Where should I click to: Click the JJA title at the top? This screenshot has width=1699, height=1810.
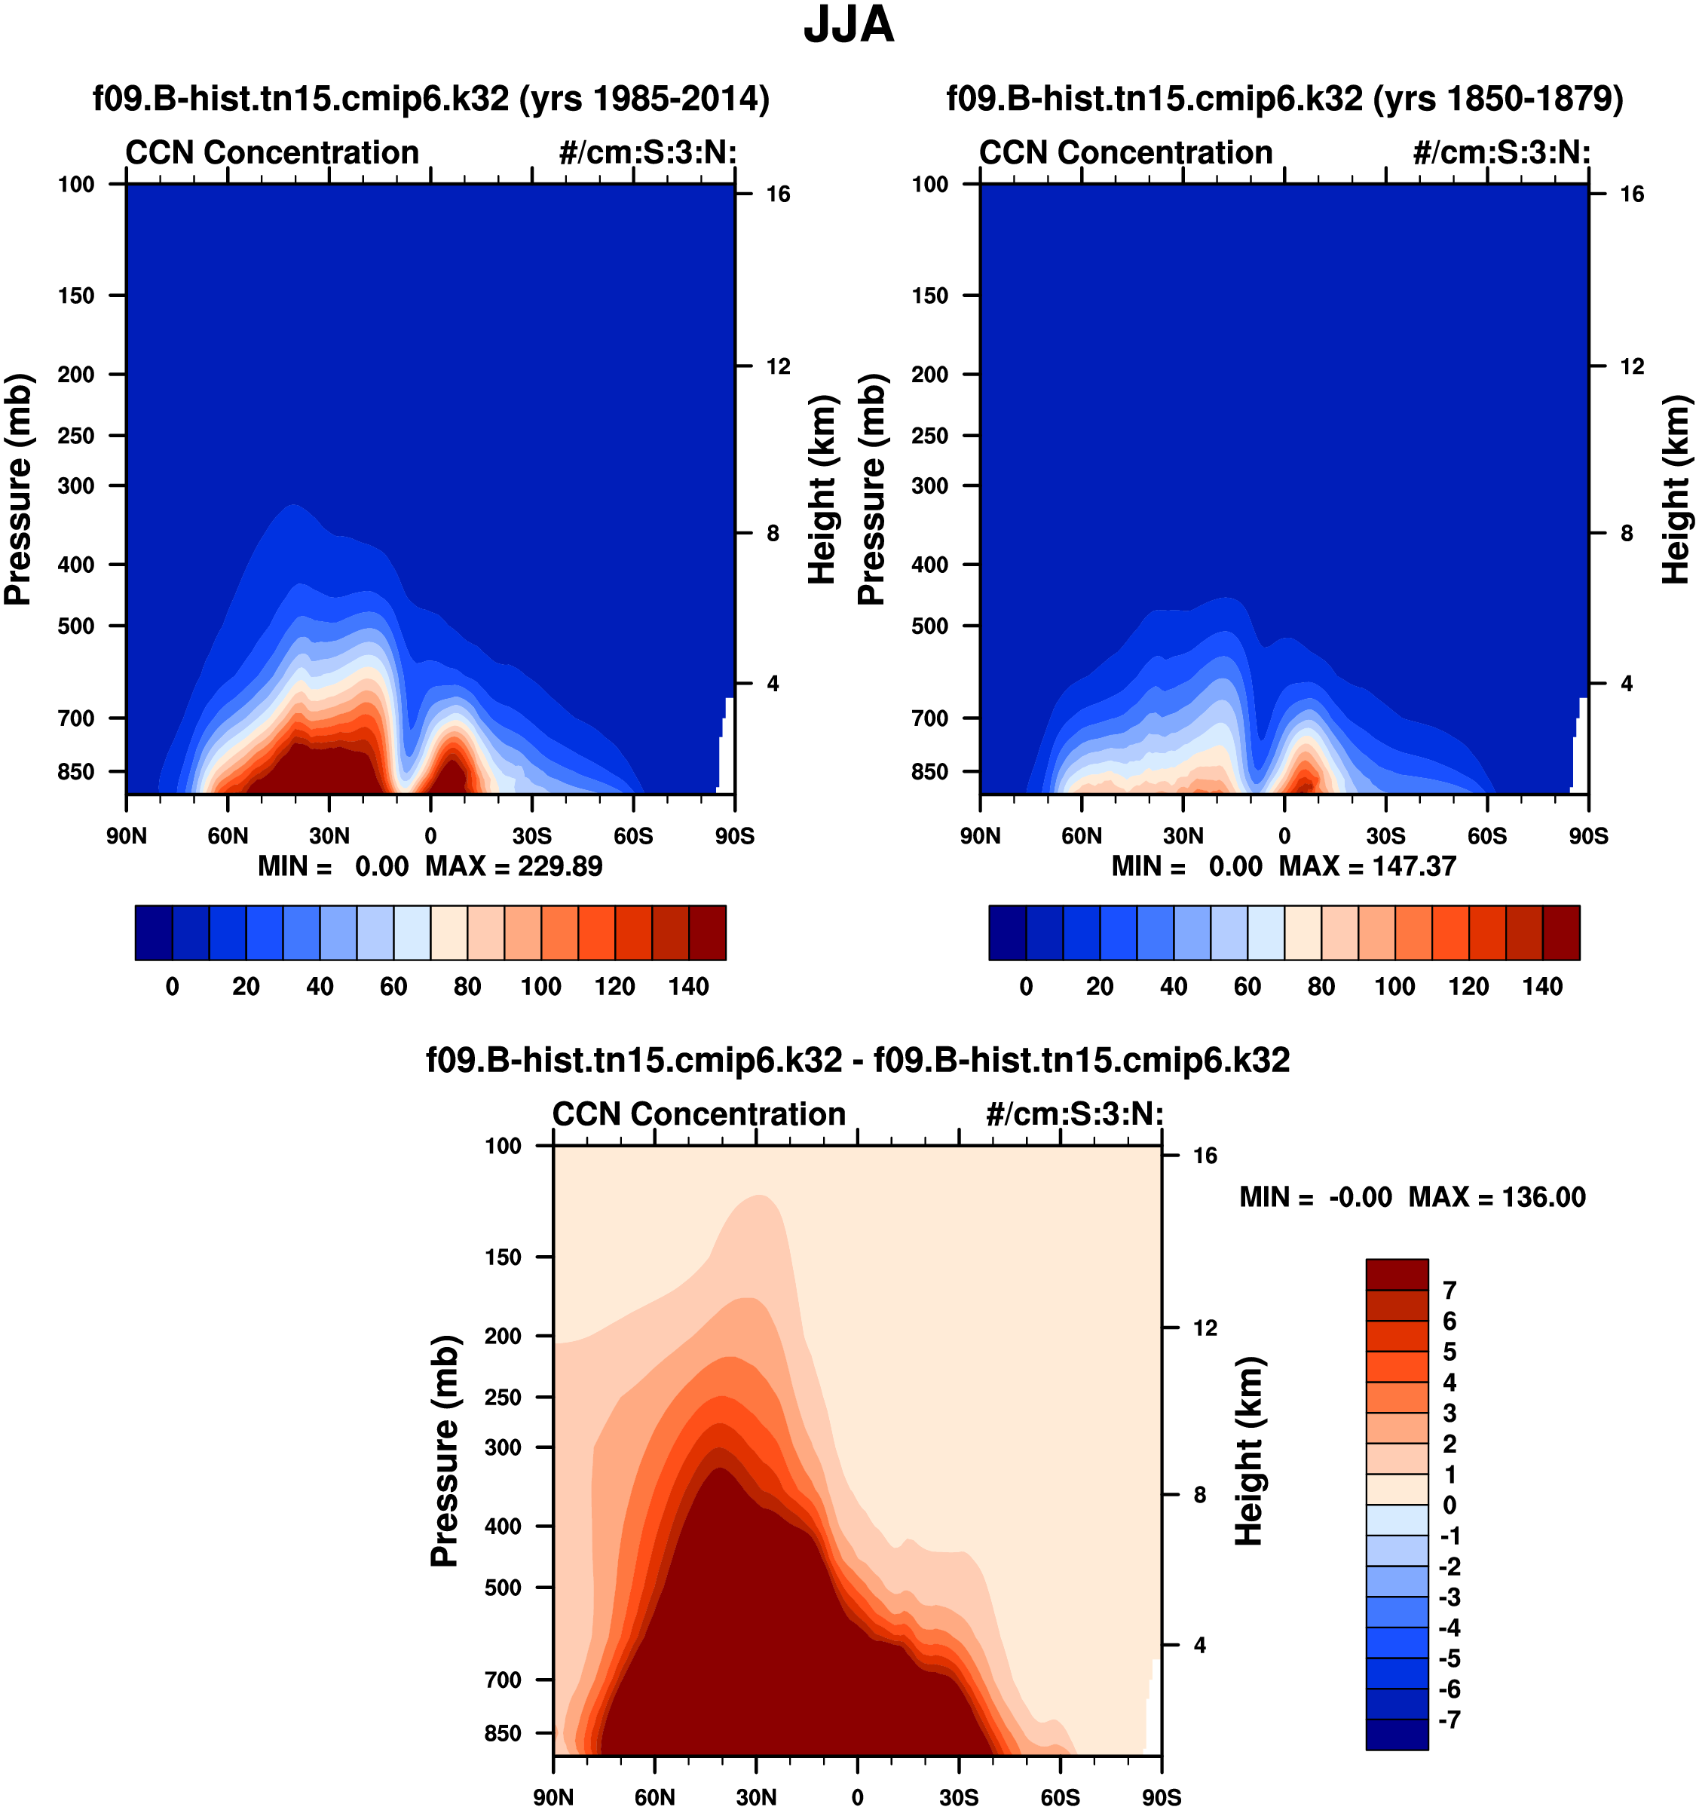[x=849, y=26]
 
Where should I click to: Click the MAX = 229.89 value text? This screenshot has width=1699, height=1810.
[x=513, y=866]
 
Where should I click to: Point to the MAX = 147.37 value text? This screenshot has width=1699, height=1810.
[x=1367, y=866]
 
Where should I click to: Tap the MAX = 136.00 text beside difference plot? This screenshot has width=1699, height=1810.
[x=1497, y=1196]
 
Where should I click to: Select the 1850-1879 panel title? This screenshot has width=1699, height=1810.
[x=1284, y=98]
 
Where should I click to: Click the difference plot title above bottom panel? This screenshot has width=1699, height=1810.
[x=858, y=1060]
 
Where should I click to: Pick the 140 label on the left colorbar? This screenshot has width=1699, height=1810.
[x=688, y=986]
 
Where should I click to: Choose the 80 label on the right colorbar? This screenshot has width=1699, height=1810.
[x=1321, y=986]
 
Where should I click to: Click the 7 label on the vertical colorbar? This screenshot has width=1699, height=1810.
[x=1450, y=1290]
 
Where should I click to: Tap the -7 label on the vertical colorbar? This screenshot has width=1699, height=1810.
[x=1450, y=1720]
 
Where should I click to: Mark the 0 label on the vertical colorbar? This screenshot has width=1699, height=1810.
[x=1450, y=1505]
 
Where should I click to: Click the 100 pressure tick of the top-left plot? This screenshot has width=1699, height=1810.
[x=76, y=185]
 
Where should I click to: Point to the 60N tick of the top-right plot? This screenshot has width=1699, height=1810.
[x=1082, y=836]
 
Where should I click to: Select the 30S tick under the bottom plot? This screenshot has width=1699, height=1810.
[x=959, y=1797]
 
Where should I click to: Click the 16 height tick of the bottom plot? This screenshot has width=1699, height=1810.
[x=1205, y=1156]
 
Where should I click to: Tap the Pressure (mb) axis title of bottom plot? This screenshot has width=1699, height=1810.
[x=444, y=1451]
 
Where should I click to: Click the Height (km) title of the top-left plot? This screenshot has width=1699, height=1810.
[x=822, y=490]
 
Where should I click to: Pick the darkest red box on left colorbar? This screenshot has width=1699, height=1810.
[x=708, y=933]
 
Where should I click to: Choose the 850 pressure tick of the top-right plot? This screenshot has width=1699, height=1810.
[x=929, y=772]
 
